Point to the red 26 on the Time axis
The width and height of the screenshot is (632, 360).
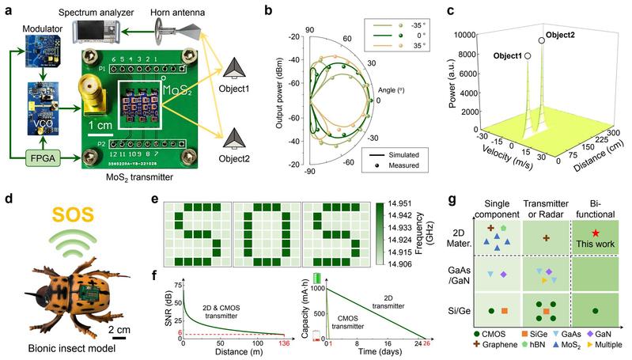point(430,342)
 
